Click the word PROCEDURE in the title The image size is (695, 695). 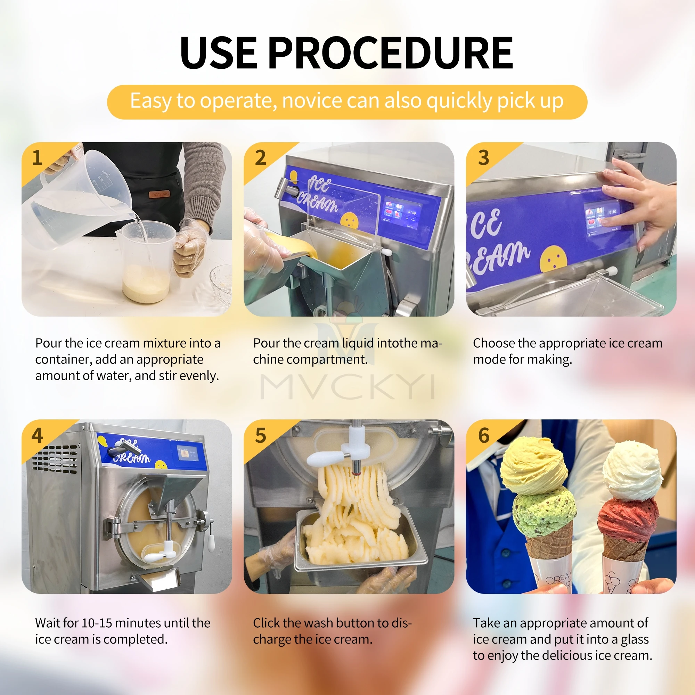point(390,53)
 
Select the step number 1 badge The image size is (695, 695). point(37,157)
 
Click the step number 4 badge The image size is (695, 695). point(37,435)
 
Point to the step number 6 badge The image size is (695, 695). point(483,435)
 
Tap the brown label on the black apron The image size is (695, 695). point(159,194)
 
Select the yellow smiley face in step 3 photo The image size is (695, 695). point(553,259)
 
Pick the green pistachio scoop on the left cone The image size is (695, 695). point(543,511)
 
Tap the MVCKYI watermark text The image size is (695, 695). point(347,387)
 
